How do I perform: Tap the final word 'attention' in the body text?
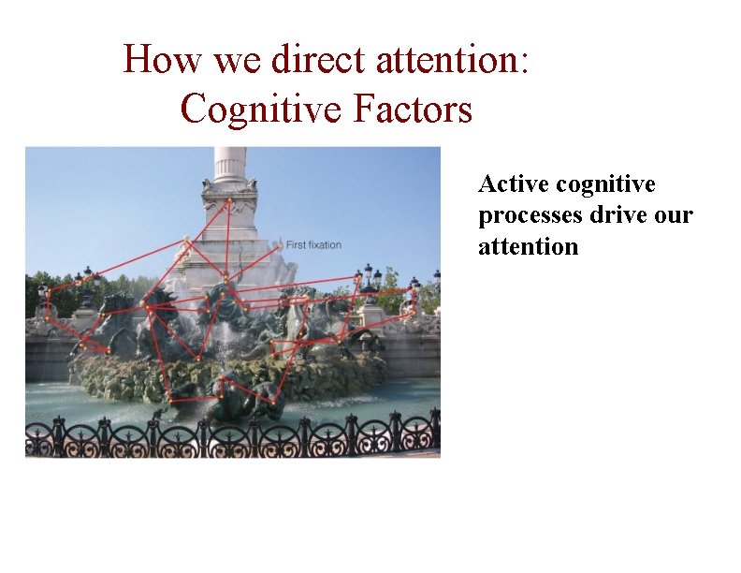(x=528, y=247)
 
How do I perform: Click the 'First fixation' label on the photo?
(x=313, y=245)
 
